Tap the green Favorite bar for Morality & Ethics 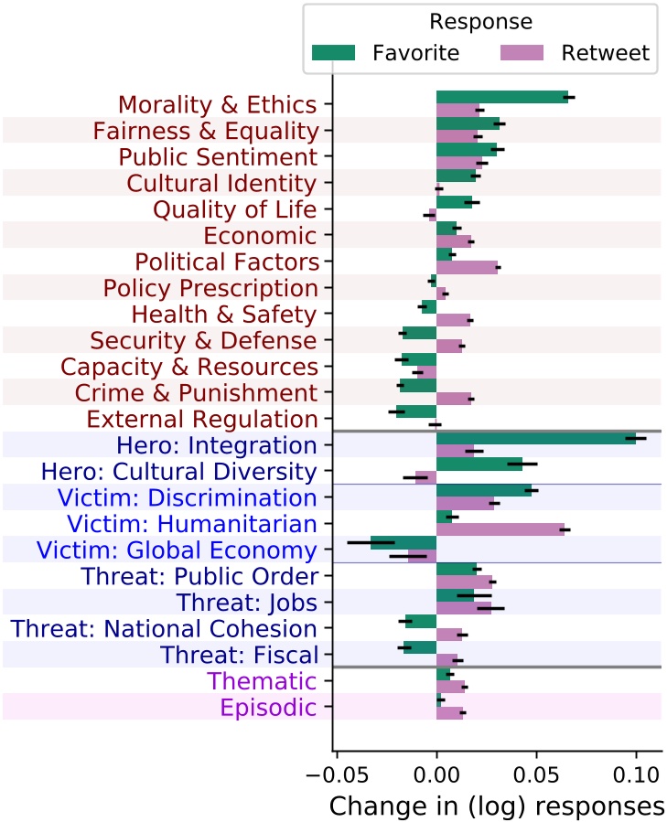click(501, 97)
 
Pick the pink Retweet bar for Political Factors click(467, 267)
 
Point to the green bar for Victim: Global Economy click(403, 543)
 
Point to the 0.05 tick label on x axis click(536, 774)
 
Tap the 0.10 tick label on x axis click(636, 774)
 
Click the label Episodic click(268, 707)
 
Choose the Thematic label click(262, 681)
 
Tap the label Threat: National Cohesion click(163, 628)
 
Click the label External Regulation click(201, 419)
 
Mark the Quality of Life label click(235, 209)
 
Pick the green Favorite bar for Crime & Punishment click(418, 386)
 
